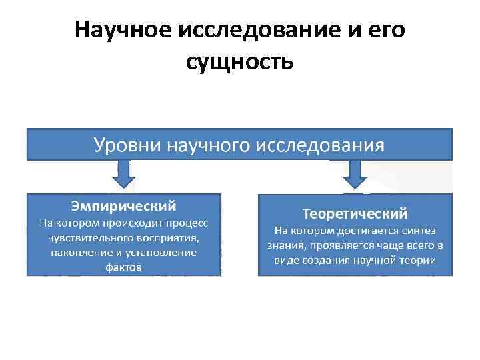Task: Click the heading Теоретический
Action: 355,214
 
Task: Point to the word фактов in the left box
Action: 123,267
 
